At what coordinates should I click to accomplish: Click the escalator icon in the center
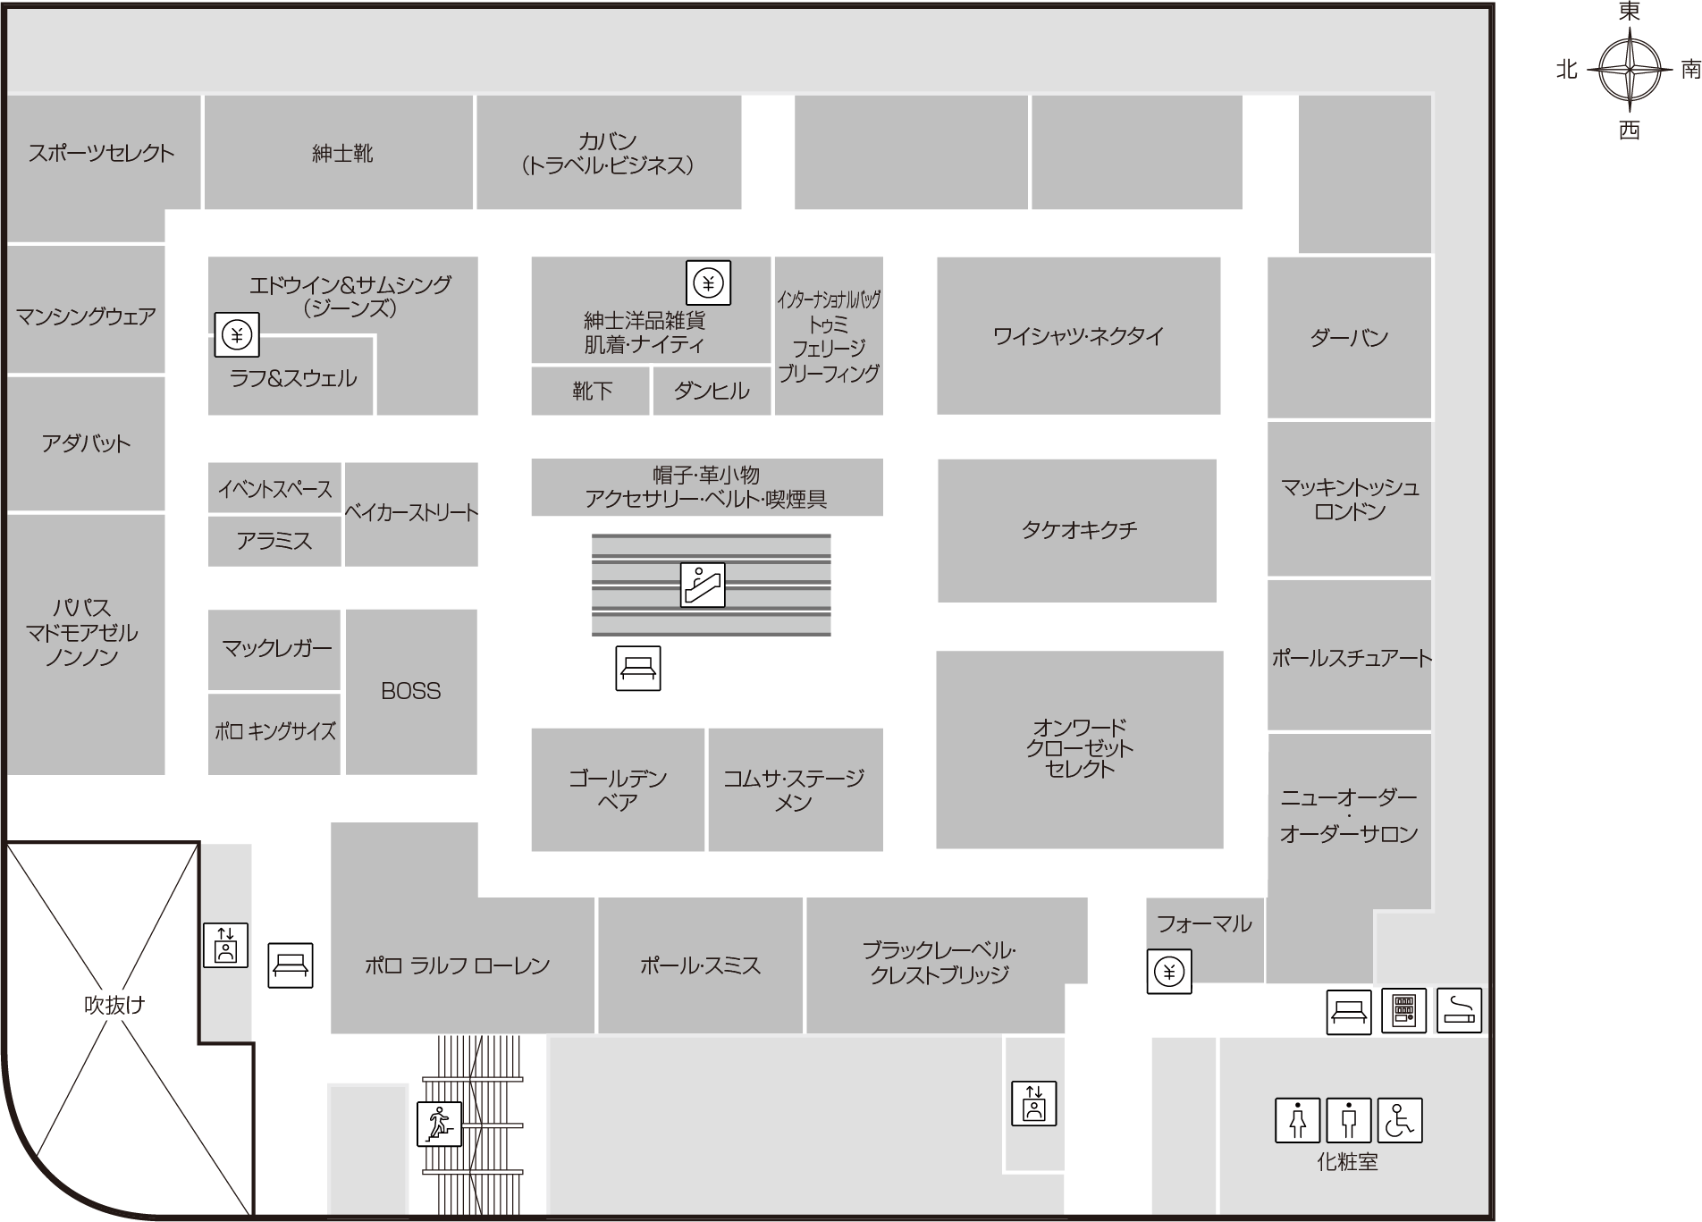[703, 585]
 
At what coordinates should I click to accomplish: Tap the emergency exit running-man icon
[439, 1123]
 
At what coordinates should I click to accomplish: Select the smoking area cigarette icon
[1459, 1010]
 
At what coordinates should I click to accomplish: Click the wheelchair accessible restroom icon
[1399, 1120]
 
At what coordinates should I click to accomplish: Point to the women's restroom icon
[1297, 1120]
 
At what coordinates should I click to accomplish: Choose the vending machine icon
[1403, 1010]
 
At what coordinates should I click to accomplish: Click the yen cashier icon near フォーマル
[1169, 971]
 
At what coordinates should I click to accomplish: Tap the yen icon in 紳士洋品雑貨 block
[708, 283]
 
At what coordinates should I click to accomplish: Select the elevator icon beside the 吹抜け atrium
[225, 945]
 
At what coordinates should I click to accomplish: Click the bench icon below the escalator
[638, 668]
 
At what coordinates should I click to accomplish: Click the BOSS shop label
[411, 691]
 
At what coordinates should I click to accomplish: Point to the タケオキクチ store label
[1079, 530]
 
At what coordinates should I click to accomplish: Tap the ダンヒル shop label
[712, 391]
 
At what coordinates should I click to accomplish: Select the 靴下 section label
[592, 391]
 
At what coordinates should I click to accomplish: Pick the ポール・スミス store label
[700, 965]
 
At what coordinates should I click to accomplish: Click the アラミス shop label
[274, 541]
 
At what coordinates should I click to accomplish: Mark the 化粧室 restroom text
[1347, 1162]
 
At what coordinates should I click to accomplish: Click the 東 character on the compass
[1630, 11]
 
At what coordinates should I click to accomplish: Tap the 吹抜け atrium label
[114, 1005]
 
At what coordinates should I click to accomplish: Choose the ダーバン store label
[1349, 338]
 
